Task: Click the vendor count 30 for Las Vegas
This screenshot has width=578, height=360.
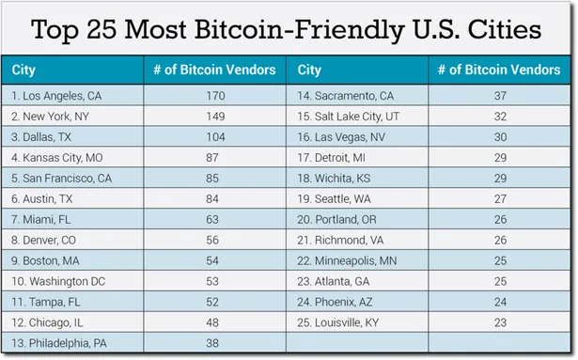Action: pyautogui.click(x=499, y=137)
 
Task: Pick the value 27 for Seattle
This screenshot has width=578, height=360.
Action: pyautogui.click(x=499, y=198)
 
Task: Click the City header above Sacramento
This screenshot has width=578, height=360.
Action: pyautogui.click(x=309, y=70)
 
